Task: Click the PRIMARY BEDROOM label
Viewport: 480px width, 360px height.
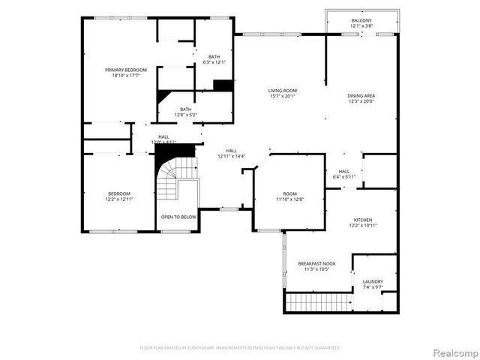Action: pos(125,69)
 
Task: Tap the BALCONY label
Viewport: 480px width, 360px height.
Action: pos(361,20)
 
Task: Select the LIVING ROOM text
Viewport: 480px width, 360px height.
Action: pos(282,90)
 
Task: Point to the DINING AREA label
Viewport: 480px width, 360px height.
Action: pos(361,95)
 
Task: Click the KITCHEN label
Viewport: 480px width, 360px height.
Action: pos(363,220)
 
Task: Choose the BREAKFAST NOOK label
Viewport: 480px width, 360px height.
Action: pos(316,263)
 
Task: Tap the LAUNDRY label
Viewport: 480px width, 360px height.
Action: pos(373,281)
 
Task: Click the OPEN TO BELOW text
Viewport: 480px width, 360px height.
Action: pos(178,217)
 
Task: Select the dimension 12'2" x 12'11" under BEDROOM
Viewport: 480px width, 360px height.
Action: pos(118,199)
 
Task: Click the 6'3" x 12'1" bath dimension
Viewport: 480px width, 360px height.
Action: pos(214,62)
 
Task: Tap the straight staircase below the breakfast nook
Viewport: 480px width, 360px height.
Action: pos(319,301)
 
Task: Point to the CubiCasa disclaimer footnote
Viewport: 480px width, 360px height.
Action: pos(240,347)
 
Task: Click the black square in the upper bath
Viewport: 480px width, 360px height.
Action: pos(223,85)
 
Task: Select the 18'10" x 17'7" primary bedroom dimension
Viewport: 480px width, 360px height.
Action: pos(125,74)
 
